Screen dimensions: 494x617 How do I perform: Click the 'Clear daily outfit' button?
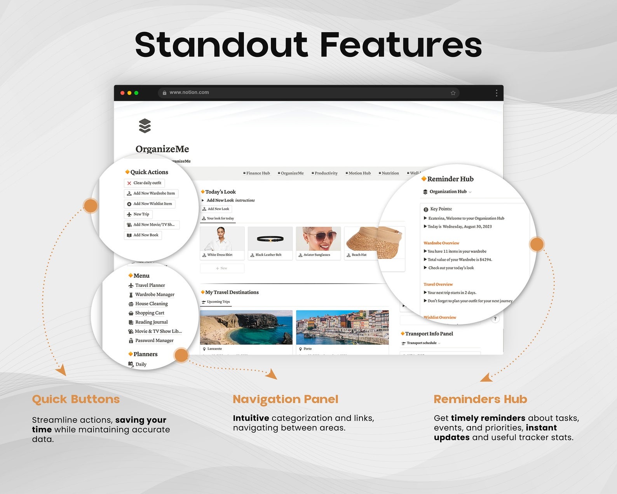tap(145, 183)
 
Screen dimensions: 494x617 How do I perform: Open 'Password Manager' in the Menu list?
tap(154, 340)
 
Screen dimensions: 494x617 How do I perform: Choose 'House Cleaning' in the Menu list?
tap(151, 304)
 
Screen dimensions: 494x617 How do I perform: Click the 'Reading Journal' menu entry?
tap(151, 322)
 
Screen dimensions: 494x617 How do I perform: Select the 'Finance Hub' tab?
tap(257, 173)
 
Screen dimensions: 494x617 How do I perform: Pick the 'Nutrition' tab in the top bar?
tap(390, 173)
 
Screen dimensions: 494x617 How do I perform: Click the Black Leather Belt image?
tap(270, 239)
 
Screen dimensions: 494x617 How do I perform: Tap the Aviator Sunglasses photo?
tap(318, 239)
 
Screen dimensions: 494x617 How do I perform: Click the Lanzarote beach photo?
tap(246, 327)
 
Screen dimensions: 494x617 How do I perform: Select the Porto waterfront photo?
tap(342, 327)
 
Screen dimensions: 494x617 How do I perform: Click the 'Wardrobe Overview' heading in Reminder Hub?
tap(441, 243)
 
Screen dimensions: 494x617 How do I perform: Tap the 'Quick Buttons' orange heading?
tap(76, 399)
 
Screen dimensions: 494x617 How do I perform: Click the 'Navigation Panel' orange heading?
tap(285, 399)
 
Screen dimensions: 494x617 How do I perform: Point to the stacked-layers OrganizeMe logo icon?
tap(145, 126)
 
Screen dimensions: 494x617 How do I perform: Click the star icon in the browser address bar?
tap(453, 93)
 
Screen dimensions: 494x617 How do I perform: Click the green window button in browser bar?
tap(136, 93)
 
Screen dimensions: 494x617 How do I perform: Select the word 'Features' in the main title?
tap(401, 45)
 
